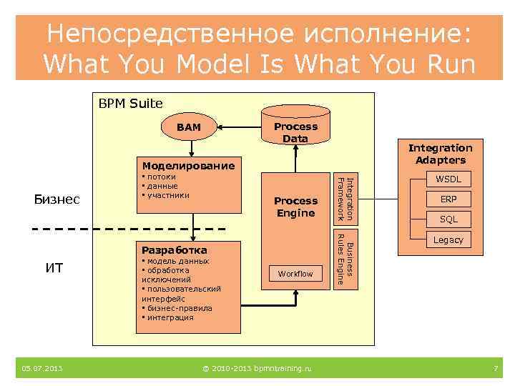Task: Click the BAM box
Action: (189, 127)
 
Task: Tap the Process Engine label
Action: (295, 207)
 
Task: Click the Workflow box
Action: (295, 274)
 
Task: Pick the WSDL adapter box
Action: (448, 179)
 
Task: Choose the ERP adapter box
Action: (448, 199)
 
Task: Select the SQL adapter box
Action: (448, 219)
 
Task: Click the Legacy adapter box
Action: (448, 240)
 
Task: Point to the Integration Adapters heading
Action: (440, 154)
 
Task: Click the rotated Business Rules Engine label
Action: (345, 260)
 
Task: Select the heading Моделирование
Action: (188, 166)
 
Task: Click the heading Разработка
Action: (175, 250)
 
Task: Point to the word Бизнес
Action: (57, 199)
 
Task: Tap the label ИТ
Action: (54, 268)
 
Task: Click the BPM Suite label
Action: (130, 104)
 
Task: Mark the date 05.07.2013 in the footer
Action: (41, 369)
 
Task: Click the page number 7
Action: (495, 369)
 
